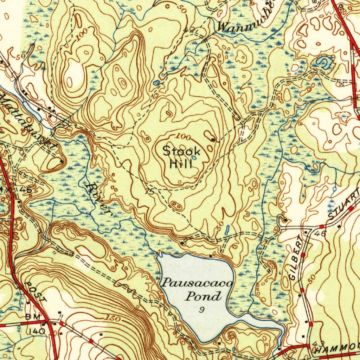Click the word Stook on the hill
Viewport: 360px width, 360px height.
(x=181, y=152)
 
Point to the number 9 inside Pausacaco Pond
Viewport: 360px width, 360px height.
(x=201, y=310)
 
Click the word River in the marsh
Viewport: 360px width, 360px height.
(x=98, y=199)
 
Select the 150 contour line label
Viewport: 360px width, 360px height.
(x=113, y=319)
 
